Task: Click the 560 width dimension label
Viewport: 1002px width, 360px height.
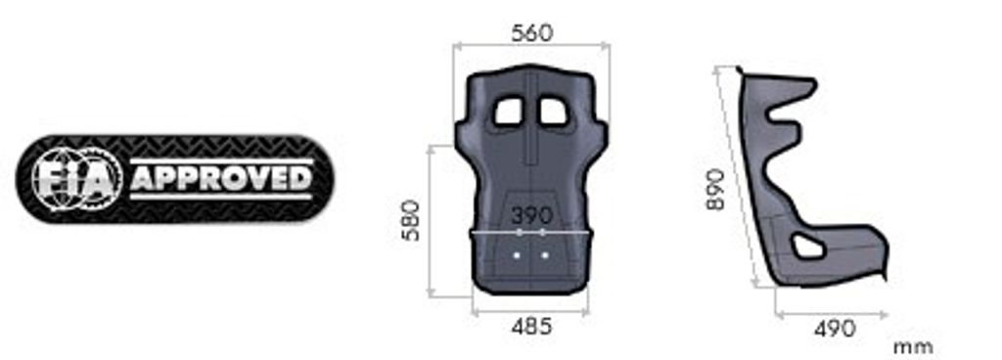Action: [x=531, y=33]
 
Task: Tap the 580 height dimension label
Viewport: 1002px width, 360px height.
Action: [x=411, y=220]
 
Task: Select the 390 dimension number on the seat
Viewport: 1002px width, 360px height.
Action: [x=531, y=216]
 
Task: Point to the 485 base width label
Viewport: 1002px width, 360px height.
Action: [x=531, y=327]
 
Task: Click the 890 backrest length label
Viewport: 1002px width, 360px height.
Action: [x=715, y=189]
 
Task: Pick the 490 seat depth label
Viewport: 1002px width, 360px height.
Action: [x=834, y=330]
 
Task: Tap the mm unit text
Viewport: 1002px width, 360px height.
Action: [x=913, y=348]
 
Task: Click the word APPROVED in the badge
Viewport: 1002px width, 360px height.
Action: [x=222, y=179]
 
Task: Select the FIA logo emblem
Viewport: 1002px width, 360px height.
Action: [x=77, y=179]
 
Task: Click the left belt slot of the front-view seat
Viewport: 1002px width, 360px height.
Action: [x=509, y=112]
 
